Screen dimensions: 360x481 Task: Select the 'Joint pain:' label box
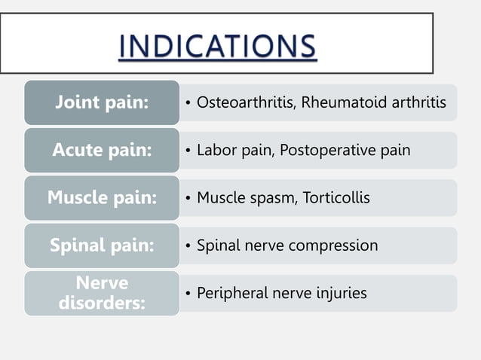tap(102, 102)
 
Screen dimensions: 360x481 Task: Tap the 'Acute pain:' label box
tap(102, 150)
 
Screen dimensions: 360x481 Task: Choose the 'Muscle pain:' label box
tap(102, 198)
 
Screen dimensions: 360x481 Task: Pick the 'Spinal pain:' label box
tap(102, 246)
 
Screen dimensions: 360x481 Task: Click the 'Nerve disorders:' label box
tap(102, 293)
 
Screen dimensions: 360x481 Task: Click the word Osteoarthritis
tap(245, 102)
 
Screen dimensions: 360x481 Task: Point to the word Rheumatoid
tap(337, 102)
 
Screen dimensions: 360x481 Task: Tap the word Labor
tap(215, 150)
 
